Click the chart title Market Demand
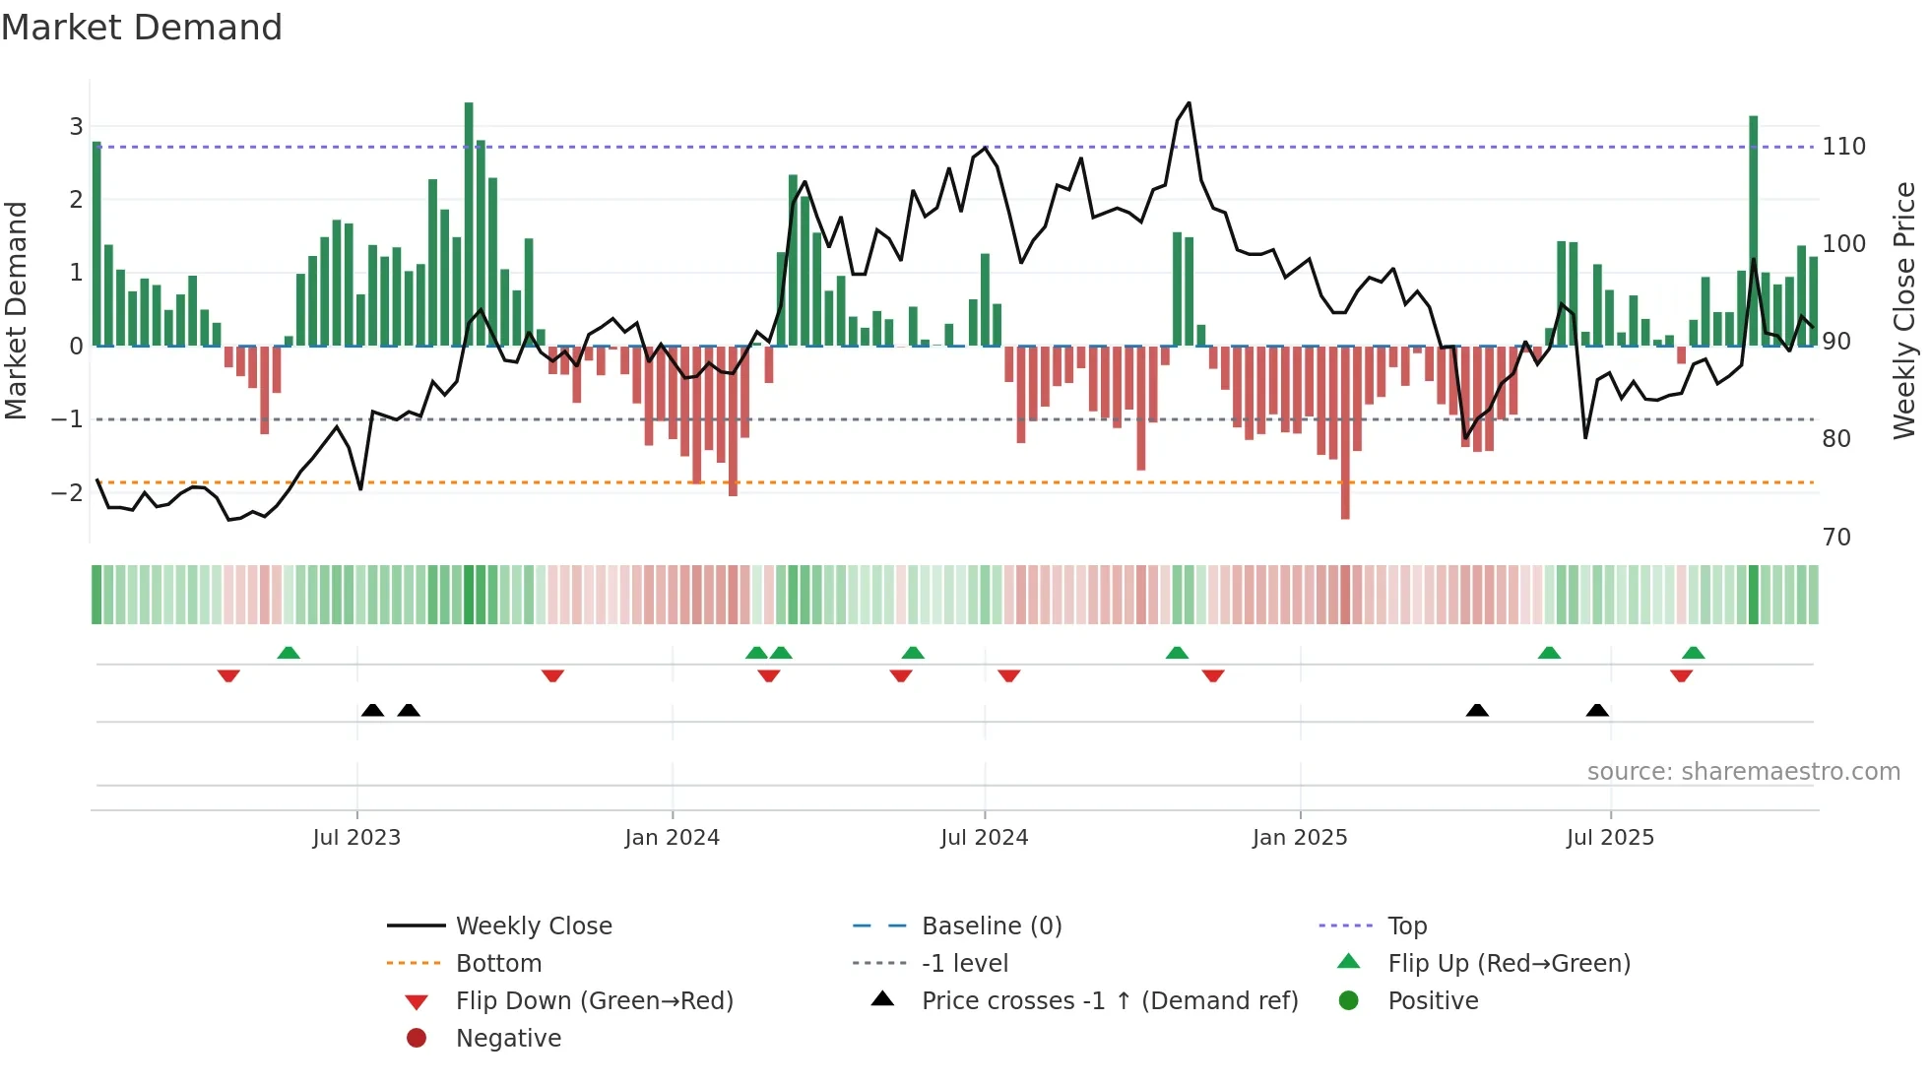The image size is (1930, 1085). pos(142,28)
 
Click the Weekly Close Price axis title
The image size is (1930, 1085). pos(1904,310)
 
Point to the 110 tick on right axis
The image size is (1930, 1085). pos(1843,147)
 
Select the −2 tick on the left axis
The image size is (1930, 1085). pos(67,492)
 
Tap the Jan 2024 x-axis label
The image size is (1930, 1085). pos(672,837)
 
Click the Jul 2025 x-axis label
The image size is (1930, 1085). pos(1610,837)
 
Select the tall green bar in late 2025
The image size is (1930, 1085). pos(1753,231)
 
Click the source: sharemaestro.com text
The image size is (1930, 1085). pos(1743,771)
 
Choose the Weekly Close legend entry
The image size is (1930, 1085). pos(533,925)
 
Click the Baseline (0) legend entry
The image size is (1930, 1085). pos(991,925)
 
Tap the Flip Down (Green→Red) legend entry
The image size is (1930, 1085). pos(594,1000)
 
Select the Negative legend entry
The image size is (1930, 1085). pos(508,1038)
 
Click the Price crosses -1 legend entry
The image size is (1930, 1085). pos(1109,1000)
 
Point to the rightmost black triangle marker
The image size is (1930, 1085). pos(1597,710)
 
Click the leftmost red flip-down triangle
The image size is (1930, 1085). pos(228,675)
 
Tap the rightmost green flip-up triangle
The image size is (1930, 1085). pos(1693,653)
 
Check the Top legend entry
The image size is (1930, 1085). pos(1406,925)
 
